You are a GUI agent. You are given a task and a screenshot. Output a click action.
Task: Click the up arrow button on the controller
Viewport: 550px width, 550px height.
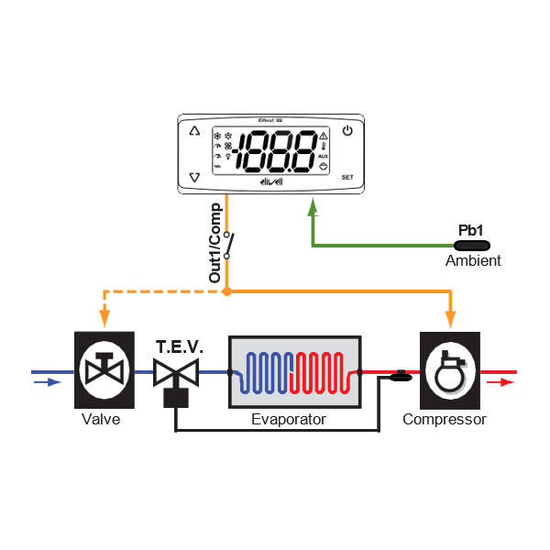tap(193, 131)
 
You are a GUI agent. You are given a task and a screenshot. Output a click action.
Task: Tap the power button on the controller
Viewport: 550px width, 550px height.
tap(347, 131)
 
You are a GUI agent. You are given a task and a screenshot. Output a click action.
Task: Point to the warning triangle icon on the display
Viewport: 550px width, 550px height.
tap(324, 136)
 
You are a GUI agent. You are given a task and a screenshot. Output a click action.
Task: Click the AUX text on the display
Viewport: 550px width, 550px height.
tap(324, 157)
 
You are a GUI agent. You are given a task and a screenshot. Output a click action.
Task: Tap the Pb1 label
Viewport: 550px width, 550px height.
tap(471, 231)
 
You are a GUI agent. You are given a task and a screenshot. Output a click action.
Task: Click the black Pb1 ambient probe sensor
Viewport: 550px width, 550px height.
tap(472, 245)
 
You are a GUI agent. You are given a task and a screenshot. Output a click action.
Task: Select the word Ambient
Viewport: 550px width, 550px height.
tap(473, 261)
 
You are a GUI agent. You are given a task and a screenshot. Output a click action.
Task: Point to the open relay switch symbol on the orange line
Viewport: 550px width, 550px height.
tap(229, 247)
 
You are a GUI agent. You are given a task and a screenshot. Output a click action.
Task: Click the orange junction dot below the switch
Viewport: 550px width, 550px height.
tap(226, 291)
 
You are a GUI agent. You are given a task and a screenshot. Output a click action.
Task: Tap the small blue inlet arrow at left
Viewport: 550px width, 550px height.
tap(43, 382)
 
